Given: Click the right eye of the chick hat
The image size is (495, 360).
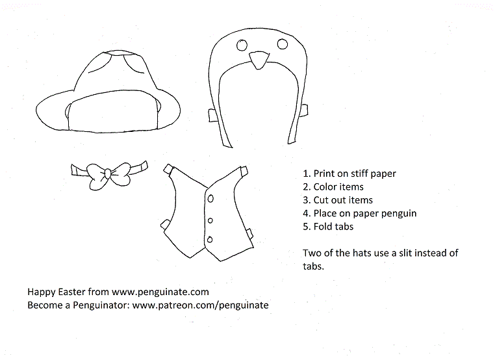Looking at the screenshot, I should pos(282,44).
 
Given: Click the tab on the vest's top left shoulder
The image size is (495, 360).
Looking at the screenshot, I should pos(168,170).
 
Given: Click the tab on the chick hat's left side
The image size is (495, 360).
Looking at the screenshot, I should pos(212,115).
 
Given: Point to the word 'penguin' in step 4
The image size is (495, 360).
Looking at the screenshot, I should pos(399,213).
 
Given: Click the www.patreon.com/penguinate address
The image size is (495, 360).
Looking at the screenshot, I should pos(201,305).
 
